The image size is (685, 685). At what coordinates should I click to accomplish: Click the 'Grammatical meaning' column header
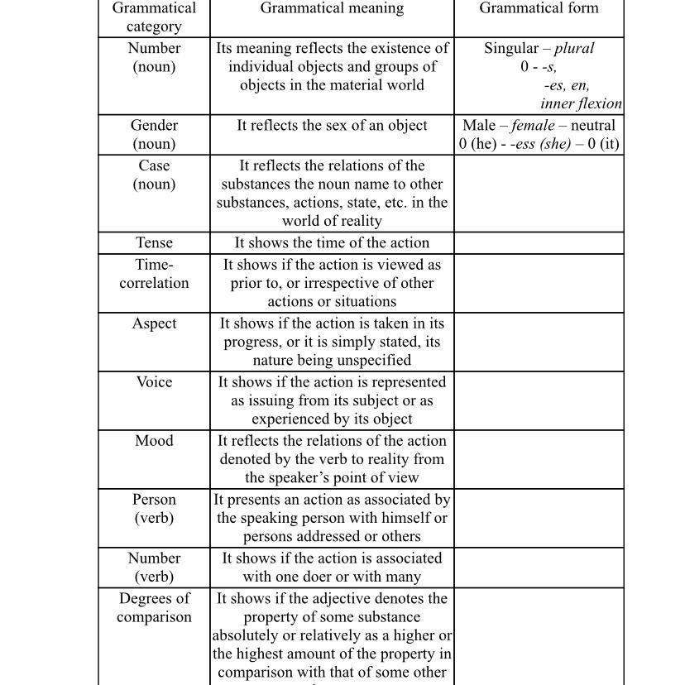pos(332,8)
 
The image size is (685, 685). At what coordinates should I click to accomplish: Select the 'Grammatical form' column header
pos(539,8)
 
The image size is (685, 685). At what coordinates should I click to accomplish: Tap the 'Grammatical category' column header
pos(154,17)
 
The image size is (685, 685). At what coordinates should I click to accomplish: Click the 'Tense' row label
pos(154,243)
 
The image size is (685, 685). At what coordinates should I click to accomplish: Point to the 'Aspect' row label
pos(154,323)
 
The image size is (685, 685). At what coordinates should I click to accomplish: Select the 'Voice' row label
pos(154,382)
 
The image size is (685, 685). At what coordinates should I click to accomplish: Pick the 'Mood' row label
pos(154,441)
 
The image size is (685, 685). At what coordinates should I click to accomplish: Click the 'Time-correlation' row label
pos(154,274)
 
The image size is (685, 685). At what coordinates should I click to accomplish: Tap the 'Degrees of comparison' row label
pos(154,608)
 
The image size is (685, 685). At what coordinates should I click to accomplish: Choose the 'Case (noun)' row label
pos(154,175)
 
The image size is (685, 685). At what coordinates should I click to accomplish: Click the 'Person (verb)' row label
pos(154,509)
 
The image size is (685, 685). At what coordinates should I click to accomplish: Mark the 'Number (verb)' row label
pos(154,568)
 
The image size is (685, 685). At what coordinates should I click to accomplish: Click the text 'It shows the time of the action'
pos(332,243)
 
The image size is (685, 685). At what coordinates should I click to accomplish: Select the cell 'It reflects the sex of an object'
pos(332,126)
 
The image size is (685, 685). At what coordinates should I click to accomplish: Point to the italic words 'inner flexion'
pos(581,104)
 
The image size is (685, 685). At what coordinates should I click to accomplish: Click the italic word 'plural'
pos(574,48)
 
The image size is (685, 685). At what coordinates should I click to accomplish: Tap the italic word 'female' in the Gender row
pos(533,126)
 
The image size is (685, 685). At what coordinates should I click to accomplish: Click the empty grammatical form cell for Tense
pos(539,243)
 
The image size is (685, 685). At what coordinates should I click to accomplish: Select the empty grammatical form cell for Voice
pos(539,400)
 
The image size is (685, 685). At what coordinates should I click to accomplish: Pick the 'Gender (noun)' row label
pos(154,135)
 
